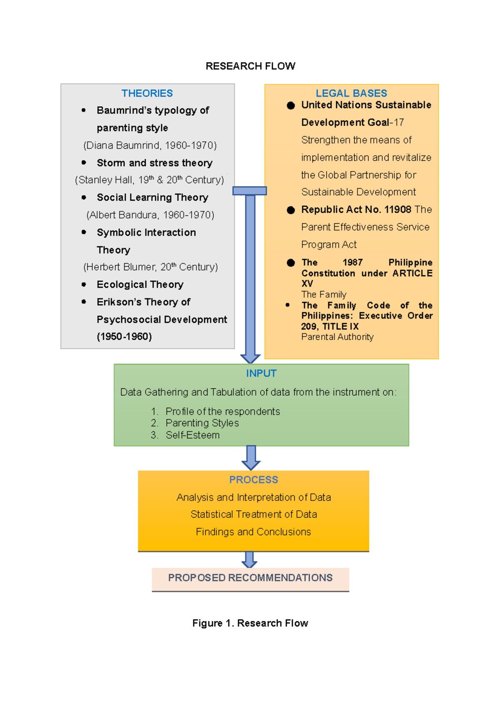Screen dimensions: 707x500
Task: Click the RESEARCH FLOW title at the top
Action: click(250, 66)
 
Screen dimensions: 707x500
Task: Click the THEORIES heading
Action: click(147, 93)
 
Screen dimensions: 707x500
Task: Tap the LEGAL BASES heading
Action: click(351, 93)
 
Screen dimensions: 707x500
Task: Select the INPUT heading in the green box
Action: click(261, 373)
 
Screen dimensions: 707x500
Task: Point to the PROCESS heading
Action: click(253, 480)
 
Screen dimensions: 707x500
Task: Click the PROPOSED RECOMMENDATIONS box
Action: click(250, 578)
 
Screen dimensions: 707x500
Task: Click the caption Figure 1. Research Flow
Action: click(250, 623)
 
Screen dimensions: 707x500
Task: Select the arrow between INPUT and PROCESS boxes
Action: click(251, 458)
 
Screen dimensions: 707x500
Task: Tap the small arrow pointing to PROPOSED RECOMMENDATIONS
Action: click(249, 560)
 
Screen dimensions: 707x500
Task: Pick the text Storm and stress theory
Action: click(155, 163)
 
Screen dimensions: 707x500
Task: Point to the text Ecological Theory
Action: click(140, 284)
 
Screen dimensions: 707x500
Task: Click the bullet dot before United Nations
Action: click(291, 105)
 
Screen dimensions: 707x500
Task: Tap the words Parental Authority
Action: click(337, 337)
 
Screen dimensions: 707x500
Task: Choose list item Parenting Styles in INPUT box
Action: click(202, 423)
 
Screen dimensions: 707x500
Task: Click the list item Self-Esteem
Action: click(192, 435)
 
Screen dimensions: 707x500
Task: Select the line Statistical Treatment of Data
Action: click(253, 514)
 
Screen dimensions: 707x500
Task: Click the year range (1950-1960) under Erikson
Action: click(124, 336)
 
